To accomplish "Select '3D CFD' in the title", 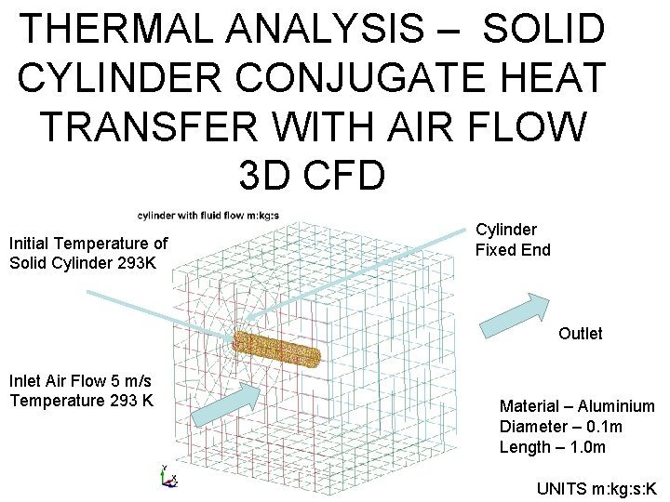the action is (x=312, y=173).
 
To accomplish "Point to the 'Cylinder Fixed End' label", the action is (x=512, y=239).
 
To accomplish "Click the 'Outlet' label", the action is (x=580, y=333).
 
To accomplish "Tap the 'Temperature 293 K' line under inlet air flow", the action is (x=81, y=401).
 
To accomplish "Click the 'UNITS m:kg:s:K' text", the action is (x=596, y=488).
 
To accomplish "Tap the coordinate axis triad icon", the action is (x=168, y=476).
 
